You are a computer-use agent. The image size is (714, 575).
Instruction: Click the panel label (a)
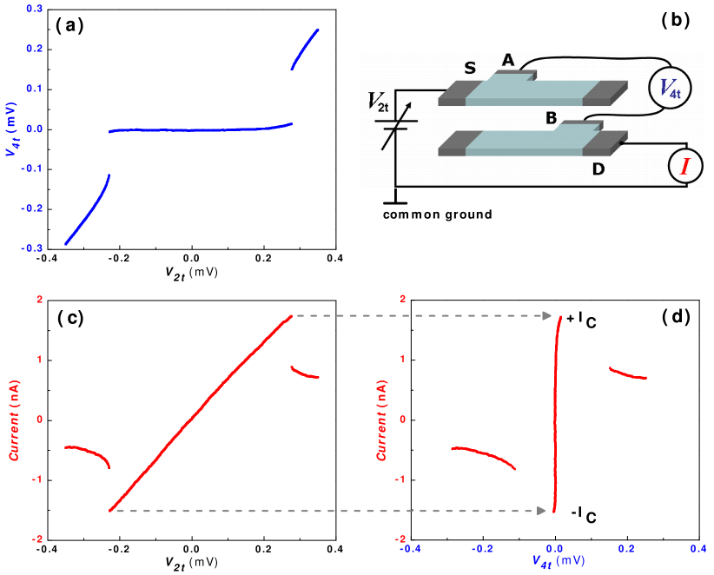coord(69,24)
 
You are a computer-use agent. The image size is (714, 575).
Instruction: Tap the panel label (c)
coord(70,317)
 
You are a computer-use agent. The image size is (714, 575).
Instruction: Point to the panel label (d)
coord(676,316)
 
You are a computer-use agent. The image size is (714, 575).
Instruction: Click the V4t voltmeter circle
coord(670,88)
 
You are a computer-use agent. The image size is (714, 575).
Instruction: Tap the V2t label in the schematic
coord(378,103)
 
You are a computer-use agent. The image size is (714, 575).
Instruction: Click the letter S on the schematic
coord(470,68)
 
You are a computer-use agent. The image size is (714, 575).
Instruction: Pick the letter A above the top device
coord(508,60)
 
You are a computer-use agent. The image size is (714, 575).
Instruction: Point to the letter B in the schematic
coord(551,117)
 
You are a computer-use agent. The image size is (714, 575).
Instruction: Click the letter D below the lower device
coord(598,169)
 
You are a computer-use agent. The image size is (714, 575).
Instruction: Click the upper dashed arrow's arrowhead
coord(548,316)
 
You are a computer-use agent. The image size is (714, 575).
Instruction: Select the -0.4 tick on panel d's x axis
coord(409,548)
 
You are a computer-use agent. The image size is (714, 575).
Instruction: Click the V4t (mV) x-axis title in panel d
coord(559,562)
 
